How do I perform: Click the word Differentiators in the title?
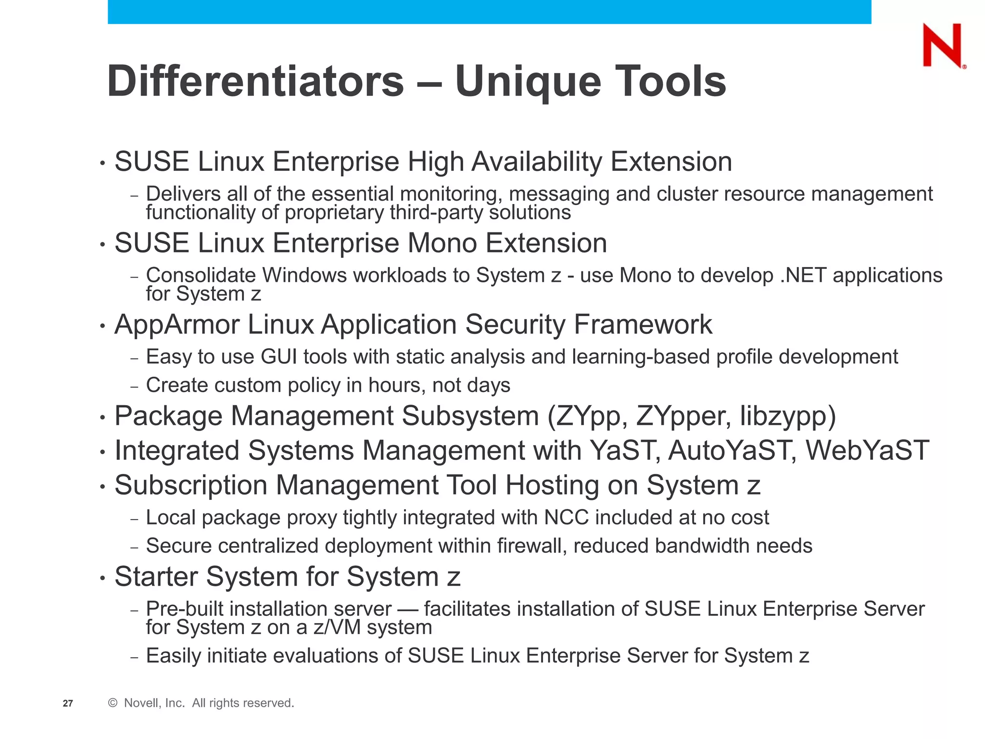click(255, 81)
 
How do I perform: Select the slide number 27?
click(68, 703)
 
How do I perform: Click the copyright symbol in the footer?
click(113, 703)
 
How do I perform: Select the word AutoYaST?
click(729, 451)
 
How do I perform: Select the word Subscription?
click(190, 485)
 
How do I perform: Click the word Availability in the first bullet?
click(536, 162)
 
